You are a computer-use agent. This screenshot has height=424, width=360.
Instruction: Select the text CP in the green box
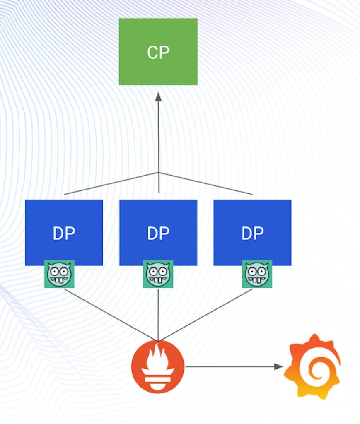pyautogui.click(x=158, y=53)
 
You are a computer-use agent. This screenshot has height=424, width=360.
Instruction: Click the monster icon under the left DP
pyautogui.click(x=59, y=274)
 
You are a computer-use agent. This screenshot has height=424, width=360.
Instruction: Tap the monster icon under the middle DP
pyautogui.click(x=158, y=274)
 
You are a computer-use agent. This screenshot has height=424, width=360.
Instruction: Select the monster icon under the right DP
pyautogui.click(x=257, y=274)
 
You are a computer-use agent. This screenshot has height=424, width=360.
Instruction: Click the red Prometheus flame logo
pyautogui.click(x=158, y=366)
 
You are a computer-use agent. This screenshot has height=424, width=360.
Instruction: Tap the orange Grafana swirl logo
pyautogui.click(x=312, y=366)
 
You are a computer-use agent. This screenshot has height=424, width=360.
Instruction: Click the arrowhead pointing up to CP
pyautogui.click(x=158, y=97)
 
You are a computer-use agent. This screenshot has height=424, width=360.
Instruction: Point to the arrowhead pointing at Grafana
pyautogui.click(x=278, y=366)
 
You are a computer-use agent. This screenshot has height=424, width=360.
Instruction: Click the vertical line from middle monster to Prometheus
pyautogui.click(x=158, y=315)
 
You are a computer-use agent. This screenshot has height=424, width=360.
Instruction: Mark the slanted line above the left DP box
pyautogui.click(x=111, y=183)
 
